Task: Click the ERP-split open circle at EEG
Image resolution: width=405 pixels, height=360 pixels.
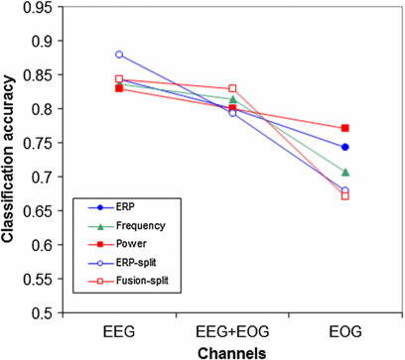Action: pos(119,55)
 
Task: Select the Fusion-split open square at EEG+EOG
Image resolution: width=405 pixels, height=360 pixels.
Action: pos(232,89)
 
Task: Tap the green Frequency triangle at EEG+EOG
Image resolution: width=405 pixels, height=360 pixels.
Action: pos(232,99)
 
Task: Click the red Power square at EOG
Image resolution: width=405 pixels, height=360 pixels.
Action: pos(345,128)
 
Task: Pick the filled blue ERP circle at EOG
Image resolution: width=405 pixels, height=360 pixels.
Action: pos(345,147)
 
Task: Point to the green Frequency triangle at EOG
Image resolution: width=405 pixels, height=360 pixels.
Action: pos(345,173)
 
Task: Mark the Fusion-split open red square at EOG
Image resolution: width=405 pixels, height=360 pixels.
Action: pos(345,195)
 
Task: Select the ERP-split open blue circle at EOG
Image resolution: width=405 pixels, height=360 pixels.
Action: pos(345,189)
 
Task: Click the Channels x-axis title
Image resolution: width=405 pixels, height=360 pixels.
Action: pos(231,350)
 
